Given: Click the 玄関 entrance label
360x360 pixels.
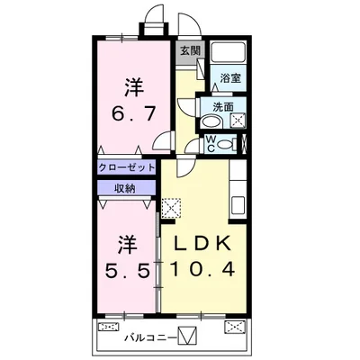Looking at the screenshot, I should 188,51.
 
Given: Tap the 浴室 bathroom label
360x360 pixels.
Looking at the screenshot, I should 230,77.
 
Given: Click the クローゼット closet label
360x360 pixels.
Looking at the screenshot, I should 127,167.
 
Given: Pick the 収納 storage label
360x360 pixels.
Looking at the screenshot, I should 125,187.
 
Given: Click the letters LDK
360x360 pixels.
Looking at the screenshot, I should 202,243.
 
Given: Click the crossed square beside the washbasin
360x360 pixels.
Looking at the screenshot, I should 238,121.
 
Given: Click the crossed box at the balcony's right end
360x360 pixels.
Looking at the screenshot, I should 234,327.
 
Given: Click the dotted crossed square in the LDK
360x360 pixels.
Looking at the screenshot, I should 172,206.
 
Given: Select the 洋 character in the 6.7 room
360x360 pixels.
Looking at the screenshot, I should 132,88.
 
